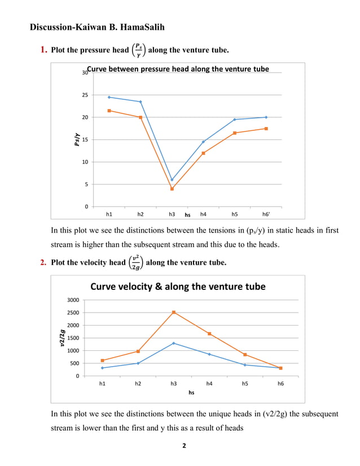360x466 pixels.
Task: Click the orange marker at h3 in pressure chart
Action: pyautogui.click(x=172, y=188)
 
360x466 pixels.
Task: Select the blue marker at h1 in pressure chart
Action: pyautogui.click(x=109, y=97)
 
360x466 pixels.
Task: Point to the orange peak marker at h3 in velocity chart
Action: pyautogui.click(x=174, y=312)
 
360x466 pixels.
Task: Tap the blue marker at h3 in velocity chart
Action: pyautogui.click(x=174, y=343)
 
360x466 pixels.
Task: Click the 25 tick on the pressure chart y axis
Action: pyautogui.click(x=85, y=95)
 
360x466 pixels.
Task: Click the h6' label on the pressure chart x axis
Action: pyautogui.click(x=266, y=214)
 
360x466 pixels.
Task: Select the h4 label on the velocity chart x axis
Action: pyautogui.click(x=209, y=384)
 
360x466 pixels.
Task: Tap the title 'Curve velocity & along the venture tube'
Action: pyautogui.click(x=178, y=287)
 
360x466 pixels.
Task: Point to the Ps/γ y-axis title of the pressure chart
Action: pyautogui.click(x=77, y=140)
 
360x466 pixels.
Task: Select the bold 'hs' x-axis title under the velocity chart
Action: pyautogui.click(x=191, y=393)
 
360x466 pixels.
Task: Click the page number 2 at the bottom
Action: pyautogui.click(x=183, y=446)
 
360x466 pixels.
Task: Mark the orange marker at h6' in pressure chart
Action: pyautogui.click(x=266, y=129)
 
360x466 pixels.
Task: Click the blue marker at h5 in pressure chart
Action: pyautogui.click(x=235, y=120)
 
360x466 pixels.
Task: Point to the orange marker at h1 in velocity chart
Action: pyautogui.click(x=102, y=361)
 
